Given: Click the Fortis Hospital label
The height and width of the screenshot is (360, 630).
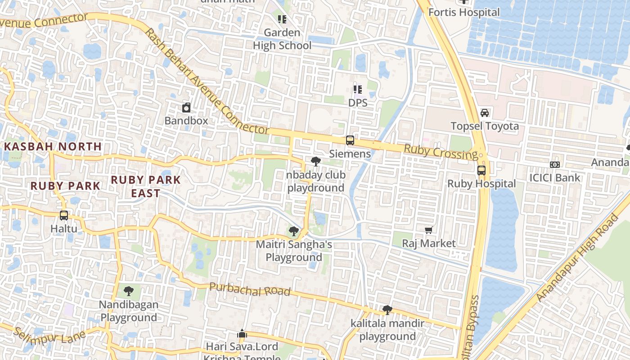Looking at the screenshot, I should click(x=464, y=12).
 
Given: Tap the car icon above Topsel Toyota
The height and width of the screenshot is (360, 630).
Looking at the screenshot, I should click(x=485, y=112).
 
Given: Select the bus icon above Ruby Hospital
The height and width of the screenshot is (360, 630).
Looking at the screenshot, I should click(x=481, y=171).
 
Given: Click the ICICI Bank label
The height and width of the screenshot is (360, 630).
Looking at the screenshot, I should click(x=555, y=177).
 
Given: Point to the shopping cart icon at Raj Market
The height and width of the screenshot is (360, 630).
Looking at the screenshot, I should click(x=429, y=230).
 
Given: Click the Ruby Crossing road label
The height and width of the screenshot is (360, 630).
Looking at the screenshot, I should click(x=441, y=152).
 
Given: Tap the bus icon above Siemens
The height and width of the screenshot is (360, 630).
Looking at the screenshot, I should click(x=350, y=140).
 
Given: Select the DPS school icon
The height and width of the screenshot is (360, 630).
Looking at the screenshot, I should click(x=358, y=90).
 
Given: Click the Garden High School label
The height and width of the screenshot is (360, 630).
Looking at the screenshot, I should click(x=282, y=39).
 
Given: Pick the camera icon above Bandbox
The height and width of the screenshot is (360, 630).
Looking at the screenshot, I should click(x=186, y=108).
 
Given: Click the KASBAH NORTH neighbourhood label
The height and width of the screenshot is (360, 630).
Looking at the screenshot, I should click(x=54, y=147).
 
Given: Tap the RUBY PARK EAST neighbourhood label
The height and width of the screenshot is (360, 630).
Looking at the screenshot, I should click(x=146, y=186).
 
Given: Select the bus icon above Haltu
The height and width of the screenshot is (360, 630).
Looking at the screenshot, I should click(x=64, y=216).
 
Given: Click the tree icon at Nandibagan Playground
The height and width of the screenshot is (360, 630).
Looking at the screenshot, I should click(x=129, y=291).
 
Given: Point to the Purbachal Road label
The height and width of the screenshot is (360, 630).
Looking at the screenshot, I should click(x=250, y=289).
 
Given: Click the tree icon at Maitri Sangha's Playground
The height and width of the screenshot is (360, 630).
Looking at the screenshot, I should click(x=294, y=231).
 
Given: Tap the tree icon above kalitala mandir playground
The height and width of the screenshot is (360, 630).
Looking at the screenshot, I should click(x=387, y=310).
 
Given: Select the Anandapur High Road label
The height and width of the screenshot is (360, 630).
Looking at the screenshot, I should click(x=579, y=259).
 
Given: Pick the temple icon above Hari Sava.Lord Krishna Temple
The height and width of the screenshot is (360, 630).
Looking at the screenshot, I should click(x=242, y=334).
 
